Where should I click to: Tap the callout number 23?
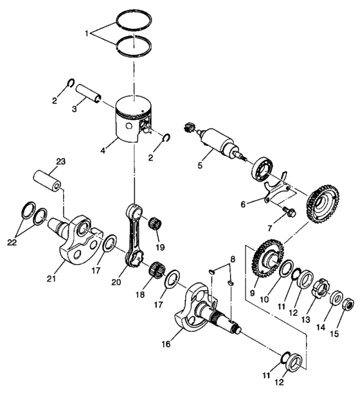pos(61,161)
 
